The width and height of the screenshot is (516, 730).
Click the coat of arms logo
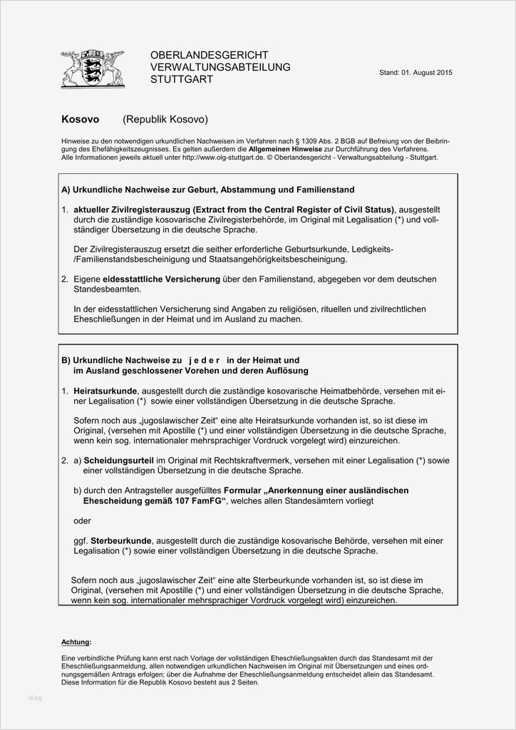(x=93, y=68)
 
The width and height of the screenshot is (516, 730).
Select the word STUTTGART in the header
(x=182, y=80)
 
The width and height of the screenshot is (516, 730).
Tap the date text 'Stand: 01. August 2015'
(x=416, y=73)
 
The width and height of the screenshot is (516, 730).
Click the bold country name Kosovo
(x=81, y=120)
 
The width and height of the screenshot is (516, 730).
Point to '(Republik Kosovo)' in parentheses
(x=165, y=120)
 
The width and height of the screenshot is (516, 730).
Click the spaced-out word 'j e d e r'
(x=203, y=361)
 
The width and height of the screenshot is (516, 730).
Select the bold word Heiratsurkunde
(x=106, y=391)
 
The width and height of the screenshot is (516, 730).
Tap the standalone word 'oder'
(x=83, y=520)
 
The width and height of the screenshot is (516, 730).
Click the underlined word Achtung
(x=76, y=642)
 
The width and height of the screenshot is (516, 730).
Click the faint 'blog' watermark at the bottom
(x=35, y=697)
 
